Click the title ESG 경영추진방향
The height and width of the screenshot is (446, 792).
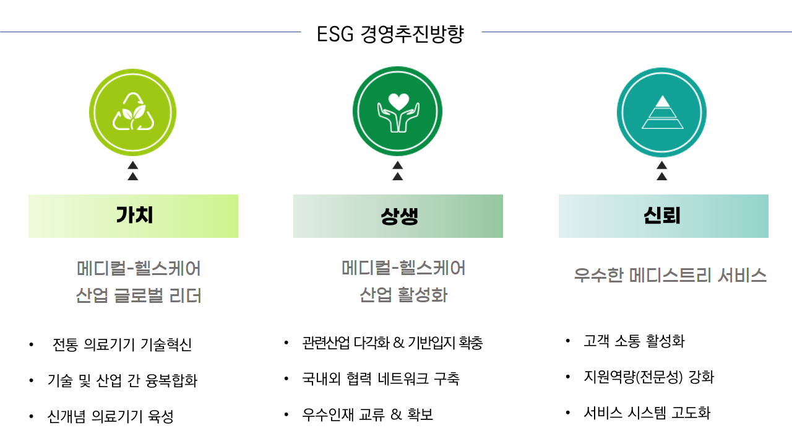[390, 34]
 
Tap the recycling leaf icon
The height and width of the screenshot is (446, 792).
[132, 112]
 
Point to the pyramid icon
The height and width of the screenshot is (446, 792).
[662, 112]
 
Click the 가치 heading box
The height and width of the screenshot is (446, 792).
[133, 216]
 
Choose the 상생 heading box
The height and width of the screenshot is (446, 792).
[398, 216]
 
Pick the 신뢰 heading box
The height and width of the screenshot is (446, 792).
[663, 216]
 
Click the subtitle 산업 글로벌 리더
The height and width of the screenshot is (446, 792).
[139, 295]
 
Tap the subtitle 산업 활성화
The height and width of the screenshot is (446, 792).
[403, 294]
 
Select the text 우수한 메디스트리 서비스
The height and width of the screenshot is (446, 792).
[670, 275]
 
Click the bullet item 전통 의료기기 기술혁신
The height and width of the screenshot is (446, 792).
[122, 344]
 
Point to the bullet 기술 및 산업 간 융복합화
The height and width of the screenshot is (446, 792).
[123, 380]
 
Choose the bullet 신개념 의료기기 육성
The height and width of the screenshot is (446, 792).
[110, 416]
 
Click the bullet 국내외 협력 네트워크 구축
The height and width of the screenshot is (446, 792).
[381, 378]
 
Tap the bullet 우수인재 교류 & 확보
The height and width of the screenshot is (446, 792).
[368, 414]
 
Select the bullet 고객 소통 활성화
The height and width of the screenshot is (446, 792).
[634, 341]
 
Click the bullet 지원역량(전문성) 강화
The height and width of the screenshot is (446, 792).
[649, 377]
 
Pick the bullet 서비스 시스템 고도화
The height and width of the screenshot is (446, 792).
[647, 413]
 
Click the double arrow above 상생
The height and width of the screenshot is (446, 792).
[397, 170]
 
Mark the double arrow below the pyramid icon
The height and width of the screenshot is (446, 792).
[662, 170]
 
